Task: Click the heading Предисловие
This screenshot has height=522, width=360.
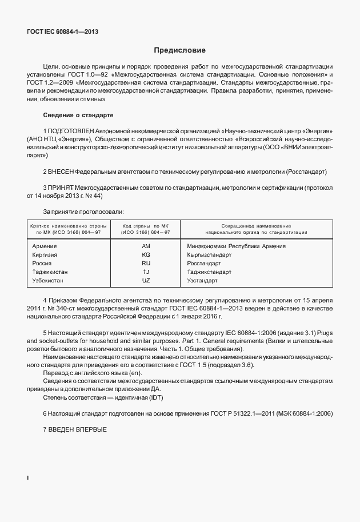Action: pos(180,50)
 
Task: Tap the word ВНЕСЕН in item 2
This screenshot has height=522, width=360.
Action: pos(61,172)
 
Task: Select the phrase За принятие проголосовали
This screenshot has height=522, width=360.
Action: pos(83,212)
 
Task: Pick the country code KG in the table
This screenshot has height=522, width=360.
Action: pos(146,255)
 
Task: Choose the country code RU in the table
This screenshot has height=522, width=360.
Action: pos(146,264)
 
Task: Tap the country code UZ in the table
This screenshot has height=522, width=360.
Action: pos(146,281)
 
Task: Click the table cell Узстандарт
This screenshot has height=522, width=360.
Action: pos(202,281)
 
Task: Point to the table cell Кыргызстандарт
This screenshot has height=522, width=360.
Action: pos(209,255)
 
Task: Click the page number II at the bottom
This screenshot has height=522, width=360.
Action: pos(29,477)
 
